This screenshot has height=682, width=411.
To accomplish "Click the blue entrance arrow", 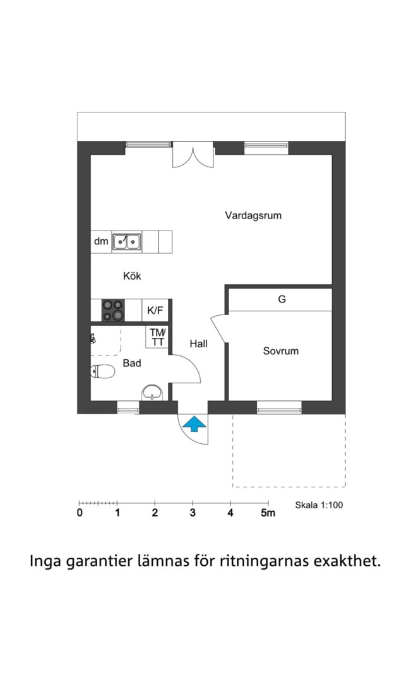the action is (x=194, y=424).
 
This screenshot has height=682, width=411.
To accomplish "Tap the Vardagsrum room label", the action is (x=253, y=215).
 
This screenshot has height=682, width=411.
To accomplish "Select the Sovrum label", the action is (x=280, y=351).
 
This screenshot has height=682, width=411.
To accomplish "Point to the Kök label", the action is (x=132, y=276).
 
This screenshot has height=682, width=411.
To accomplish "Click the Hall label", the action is (x=198, y=344).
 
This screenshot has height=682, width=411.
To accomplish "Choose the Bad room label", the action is (x=132, y=362).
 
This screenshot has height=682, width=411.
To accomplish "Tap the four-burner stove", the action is (x=113, y=310).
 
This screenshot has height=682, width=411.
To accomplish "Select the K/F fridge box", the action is (x=155, y=310).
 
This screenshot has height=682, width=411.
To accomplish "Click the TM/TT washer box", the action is (x=157, y=337).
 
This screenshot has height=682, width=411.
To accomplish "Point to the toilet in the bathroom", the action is (x=103, y=371).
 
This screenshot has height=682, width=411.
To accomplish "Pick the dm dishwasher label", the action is (x=101, y=241).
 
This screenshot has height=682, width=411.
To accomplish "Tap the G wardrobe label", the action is (x=282, y=299).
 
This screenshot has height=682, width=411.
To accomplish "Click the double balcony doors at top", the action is (x=193, y=155).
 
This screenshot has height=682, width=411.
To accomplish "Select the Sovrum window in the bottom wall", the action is (x=279, y=407).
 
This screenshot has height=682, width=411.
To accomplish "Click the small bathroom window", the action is (x=128, y=407).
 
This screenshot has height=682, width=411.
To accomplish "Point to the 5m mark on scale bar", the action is (x=268, y=513).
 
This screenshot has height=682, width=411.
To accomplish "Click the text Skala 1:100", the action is (x=319, y=505).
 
